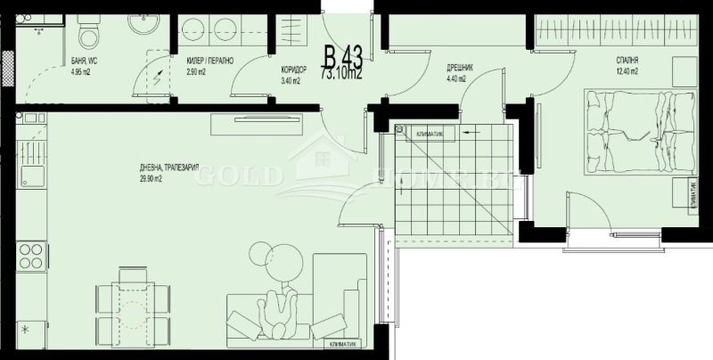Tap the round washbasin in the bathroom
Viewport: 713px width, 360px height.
(143, 24)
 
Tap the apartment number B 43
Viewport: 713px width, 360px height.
(343, 59)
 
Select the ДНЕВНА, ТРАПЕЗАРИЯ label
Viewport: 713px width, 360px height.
(168, 168)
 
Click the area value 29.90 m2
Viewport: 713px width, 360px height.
(152, 179)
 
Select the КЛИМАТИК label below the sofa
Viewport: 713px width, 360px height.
(342, 344)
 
